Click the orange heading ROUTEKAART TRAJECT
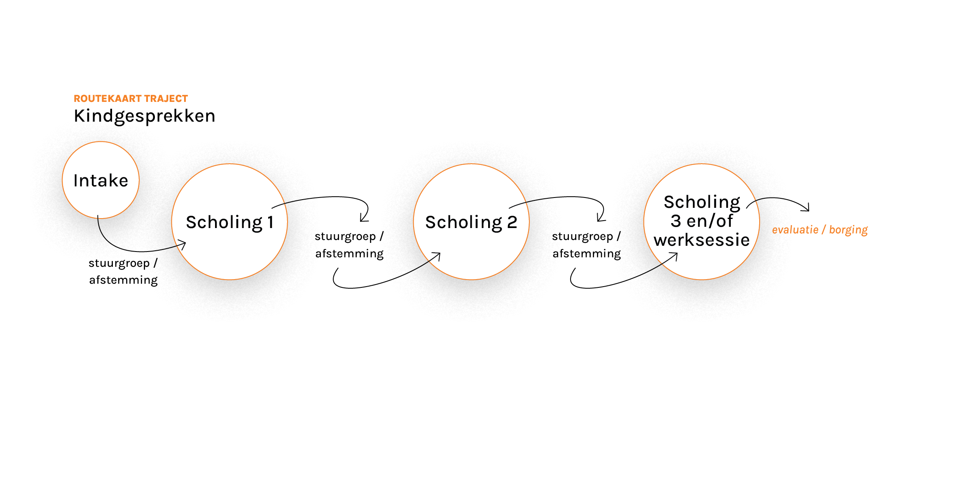point(131,99)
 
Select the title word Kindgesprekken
point(145,116)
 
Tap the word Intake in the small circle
point(101,181)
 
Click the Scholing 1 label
point(230,223)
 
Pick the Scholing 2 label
point(471,223)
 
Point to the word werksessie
point(702,240)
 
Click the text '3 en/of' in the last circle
point(702,221)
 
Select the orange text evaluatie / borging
point(820,230)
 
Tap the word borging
point(848,230)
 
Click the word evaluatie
point(795,230)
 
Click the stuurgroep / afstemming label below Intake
point(123,272)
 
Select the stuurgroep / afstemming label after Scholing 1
point(349,245)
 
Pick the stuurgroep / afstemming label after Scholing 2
point(587,245)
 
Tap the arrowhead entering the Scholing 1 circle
point(182,245)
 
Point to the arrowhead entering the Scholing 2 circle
point(437,256)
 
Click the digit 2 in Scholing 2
point(512,223)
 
